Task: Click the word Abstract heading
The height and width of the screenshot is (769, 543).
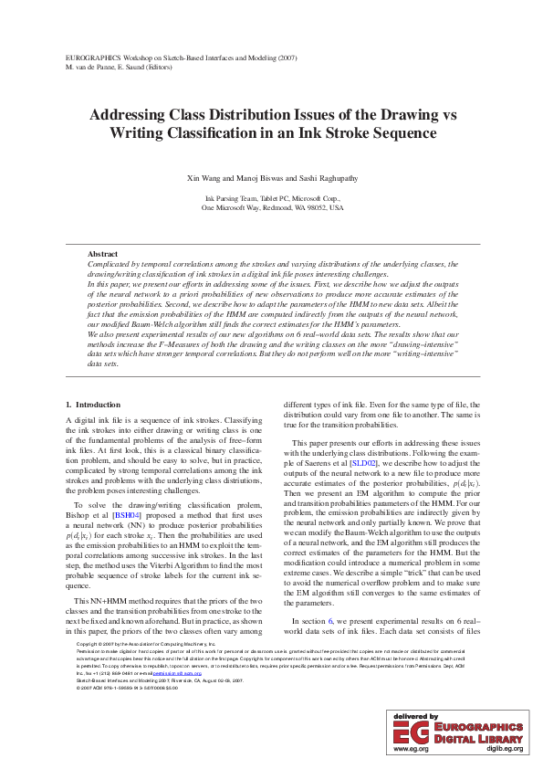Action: pyautogui.click(x=102, y=253)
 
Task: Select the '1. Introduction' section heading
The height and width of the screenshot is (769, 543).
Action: pyautogui.click(x=96, y=405)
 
